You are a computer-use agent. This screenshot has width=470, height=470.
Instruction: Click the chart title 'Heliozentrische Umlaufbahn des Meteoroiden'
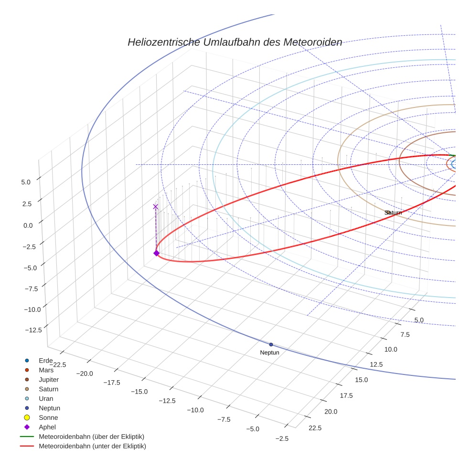click(x=235, y=42)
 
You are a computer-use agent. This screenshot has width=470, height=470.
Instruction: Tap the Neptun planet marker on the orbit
click(x=271, y=344)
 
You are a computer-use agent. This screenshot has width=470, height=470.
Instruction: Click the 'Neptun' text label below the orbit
click(x=269, y=352)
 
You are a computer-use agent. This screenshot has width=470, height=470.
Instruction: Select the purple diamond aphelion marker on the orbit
click(x=156, y=253)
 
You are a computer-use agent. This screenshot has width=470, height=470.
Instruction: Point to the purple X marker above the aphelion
click(x=155, y=206)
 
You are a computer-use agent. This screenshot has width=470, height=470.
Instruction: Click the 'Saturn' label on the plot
click(x=393, y=213)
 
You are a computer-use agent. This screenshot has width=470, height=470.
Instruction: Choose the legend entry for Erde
click(x=45, y=361)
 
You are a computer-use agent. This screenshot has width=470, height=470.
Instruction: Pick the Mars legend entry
click(x=46, y=370)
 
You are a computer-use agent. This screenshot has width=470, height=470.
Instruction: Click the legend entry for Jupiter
click(x=49, y=380)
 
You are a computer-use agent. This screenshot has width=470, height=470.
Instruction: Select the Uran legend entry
click(x=46, y=398)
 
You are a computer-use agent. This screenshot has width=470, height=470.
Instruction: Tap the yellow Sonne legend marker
click(x=27, y=417)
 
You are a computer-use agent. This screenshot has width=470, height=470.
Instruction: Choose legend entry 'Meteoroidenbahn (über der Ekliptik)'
click(x=91, y=437)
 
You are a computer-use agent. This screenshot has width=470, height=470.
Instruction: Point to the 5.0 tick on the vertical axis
click(x=26, y=182)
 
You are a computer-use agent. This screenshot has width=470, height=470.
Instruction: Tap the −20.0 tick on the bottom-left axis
click(x=87, y=374)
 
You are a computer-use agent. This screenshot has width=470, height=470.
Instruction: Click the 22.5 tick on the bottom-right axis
click(x=314, y=428)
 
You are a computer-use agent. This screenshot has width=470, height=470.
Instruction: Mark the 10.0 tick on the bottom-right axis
click(x=391, y=350)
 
